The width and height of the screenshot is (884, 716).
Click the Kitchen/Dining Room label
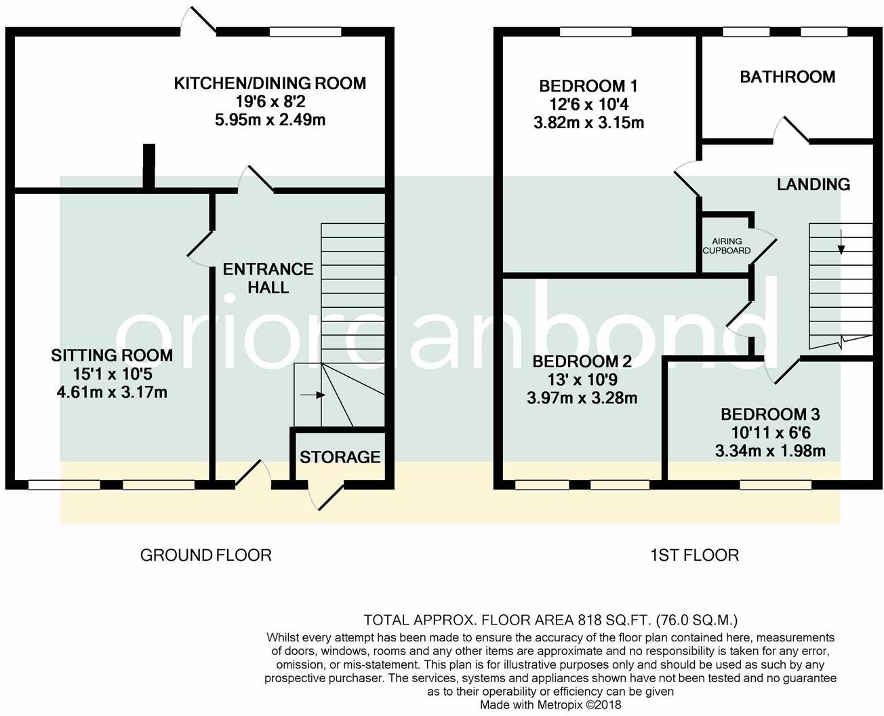(x=270, y=83)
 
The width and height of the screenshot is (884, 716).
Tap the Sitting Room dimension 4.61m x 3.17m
(x=112, y=393)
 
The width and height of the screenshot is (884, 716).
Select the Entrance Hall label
(x=268, y=279)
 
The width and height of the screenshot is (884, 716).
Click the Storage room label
(x=340, y=457)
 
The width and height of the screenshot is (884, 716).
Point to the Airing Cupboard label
(x=726, y=245)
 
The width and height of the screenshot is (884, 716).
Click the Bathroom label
(x=787, y=77)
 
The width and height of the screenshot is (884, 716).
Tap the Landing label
(x=813, y=184)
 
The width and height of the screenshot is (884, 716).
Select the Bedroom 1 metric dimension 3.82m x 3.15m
(x=588, y=123)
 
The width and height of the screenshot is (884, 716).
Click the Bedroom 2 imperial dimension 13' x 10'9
(x=582, y=380)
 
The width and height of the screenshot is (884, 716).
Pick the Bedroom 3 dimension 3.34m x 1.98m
(x=770, y=451)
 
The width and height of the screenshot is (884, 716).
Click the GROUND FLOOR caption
(x=206, y=555)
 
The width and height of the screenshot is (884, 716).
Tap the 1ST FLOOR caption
(x=694, y=555)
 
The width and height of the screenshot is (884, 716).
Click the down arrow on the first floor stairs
(x=841, y=241)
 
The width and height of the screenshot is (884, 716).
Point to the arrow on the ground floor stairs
(x=313, y=395)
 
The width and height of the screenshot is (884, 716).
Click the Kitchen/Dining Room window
(x=305, y=32)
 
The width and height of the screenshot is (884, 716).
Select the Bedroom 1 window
(x=596, y=32)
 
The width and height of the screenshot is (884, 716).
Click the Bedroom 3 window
(x=776, y=485)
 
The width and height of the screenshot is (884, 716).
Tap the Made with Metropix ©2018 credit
(x=550, y=704)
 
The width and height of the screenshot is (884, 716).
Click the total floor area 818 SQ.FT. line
(x=550, y=620)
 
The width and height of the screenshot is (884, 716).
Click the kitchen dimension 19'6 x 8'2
(x=270, y=102)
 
